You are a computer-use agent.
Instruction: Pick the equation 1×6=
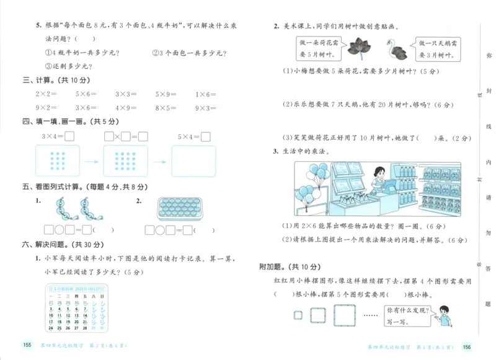[206, 94]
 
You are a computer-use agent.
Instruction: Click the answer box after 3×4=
[69, 136]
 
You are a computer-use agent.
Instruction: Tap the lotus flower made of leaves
[358, 46]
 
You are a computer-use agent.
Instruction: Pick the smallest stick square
[298, 315]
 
